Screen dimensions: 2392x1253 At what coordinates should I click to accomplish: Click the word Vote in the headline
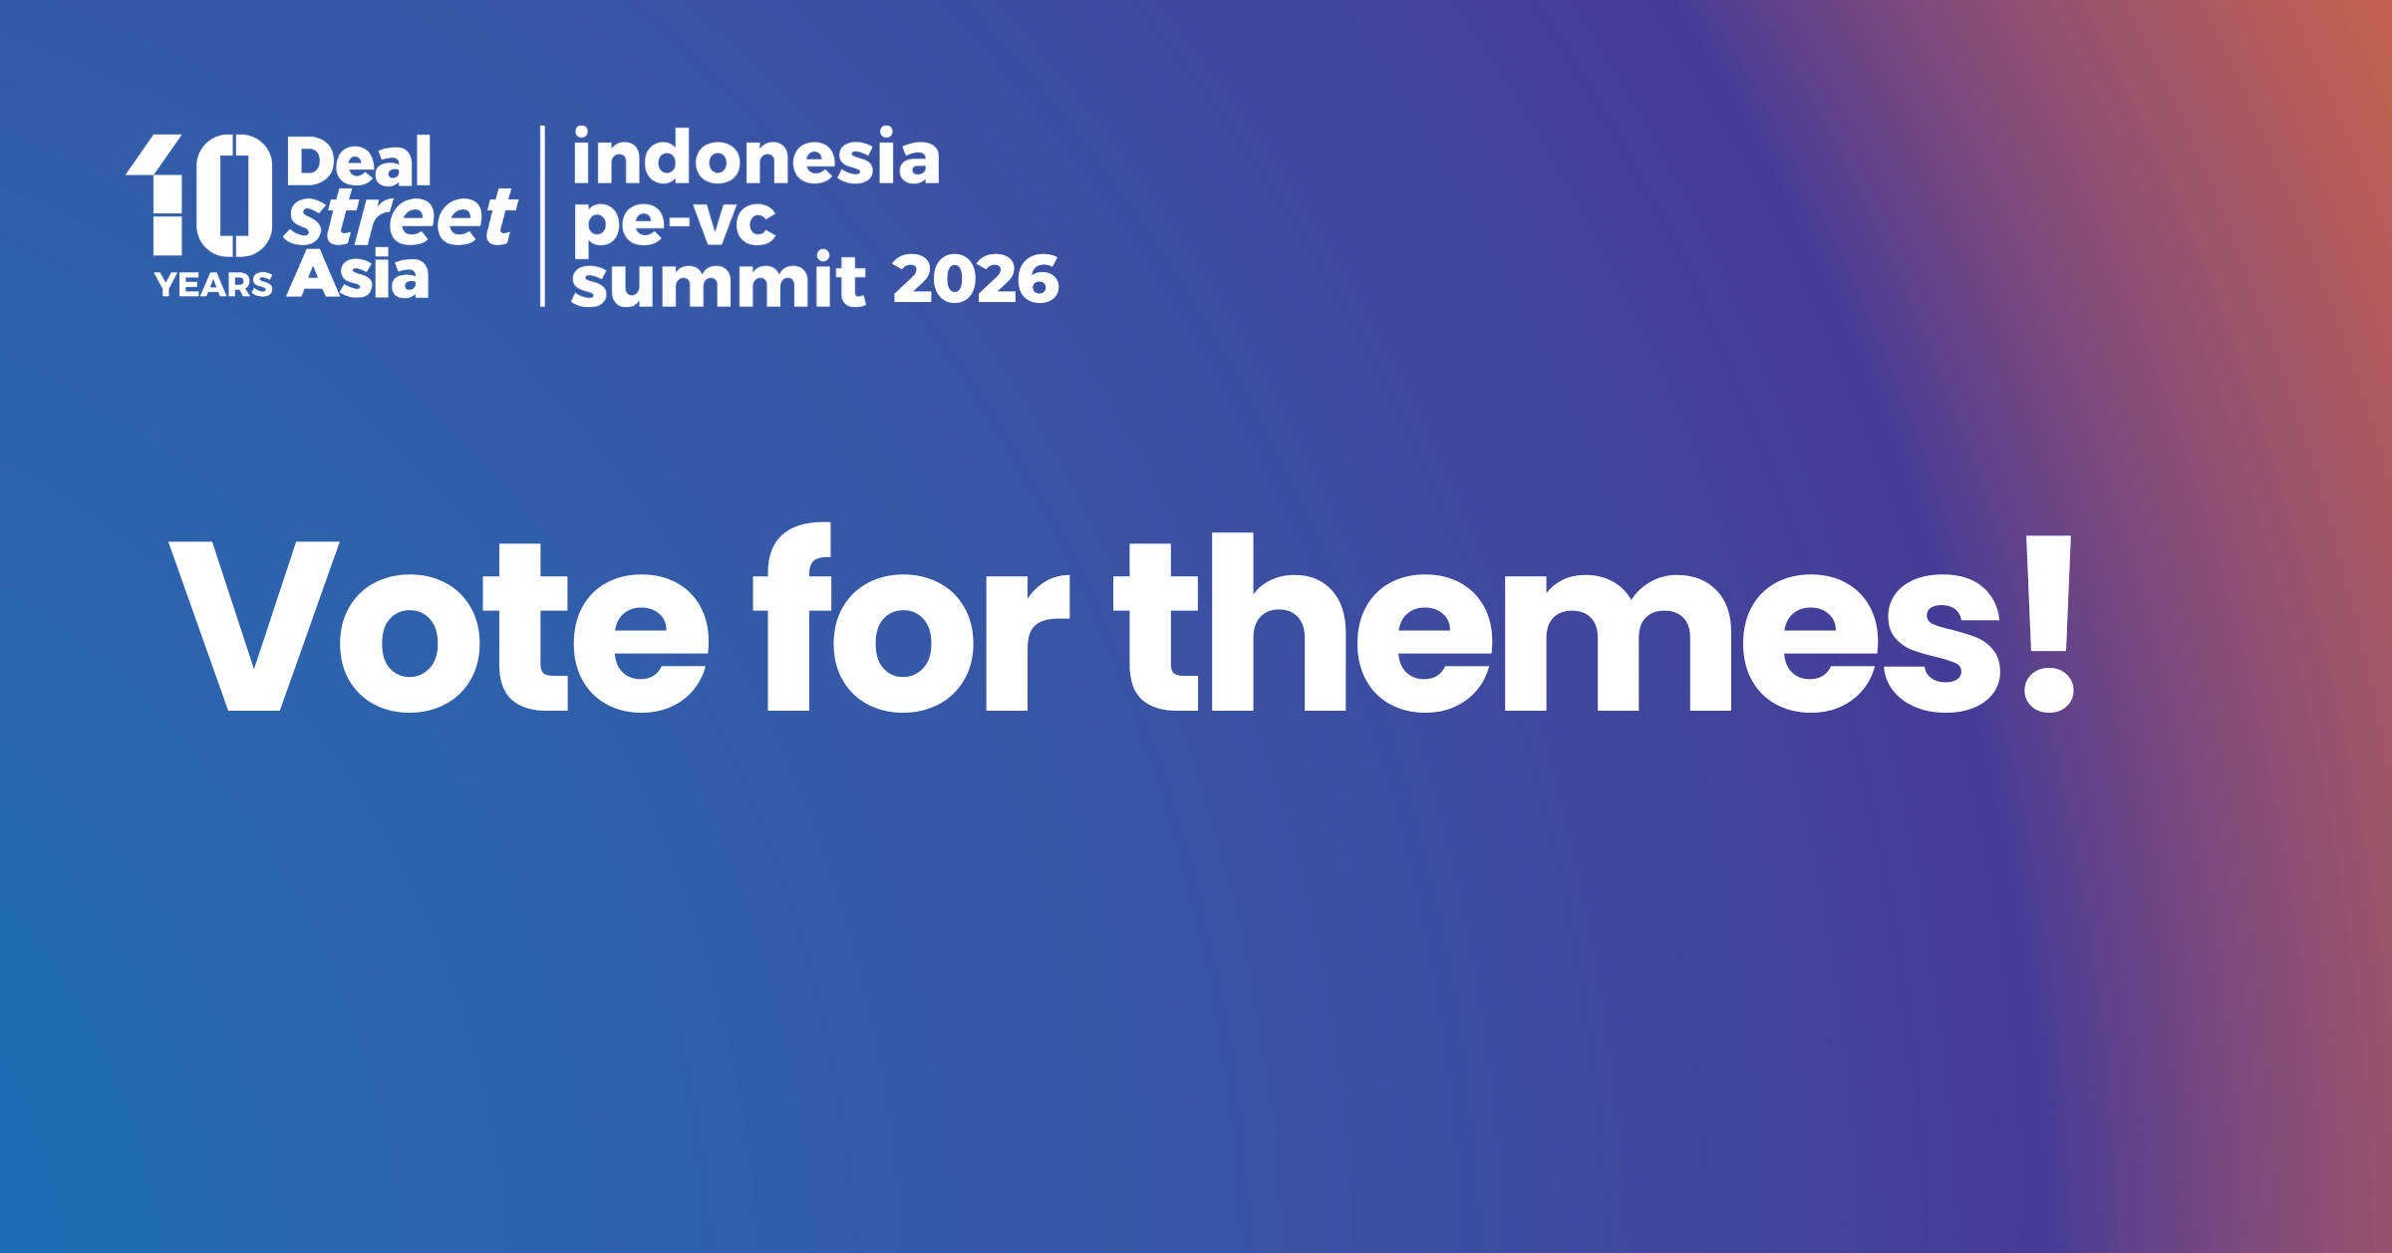click(x=439, y=627)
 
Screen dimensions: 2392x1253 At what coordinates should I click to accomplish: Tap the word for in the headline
click(x=911, y=617)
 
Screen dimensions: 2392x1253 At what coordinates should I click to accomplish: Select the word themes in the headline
click(x=1557, y=623)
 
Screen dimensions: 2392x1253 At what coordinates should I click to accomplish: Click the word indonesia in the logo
click(x=756, y=157)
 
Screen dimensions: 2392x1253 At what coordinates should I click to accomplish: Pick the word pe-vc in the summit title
click(x=675, y=221)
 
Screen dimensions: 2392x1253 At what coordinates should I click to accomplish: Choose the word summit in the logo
click(x=719, y=279)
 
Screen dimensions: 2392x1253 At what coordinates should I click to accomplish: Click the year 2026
click(x=976, y=279)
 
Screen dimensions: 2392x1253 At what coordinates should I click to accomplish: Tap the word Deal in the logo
click(x=360, y=161)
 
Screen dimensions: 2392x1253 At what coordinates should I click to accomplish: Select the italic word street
click(x=400, y=217)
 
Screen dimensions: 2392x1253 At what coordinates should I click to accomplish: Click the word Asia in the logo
click(x=358, y=273)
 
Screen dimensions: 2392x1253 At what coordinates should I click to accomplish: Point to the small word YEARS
click(x=213, y=285)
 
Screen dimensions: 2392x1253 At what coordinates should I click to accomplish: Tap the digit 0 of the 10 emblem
click(x=234, y=195)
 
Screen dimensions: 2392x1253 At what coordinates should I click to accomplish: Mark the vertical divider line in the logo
click(x=542, y=216)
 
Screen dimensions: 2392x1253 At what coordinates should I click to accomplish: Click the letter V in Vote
click(x=254, y=626)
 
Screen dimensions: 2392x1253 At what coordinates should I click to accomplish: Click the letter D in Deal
click(x=312, y=161)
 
